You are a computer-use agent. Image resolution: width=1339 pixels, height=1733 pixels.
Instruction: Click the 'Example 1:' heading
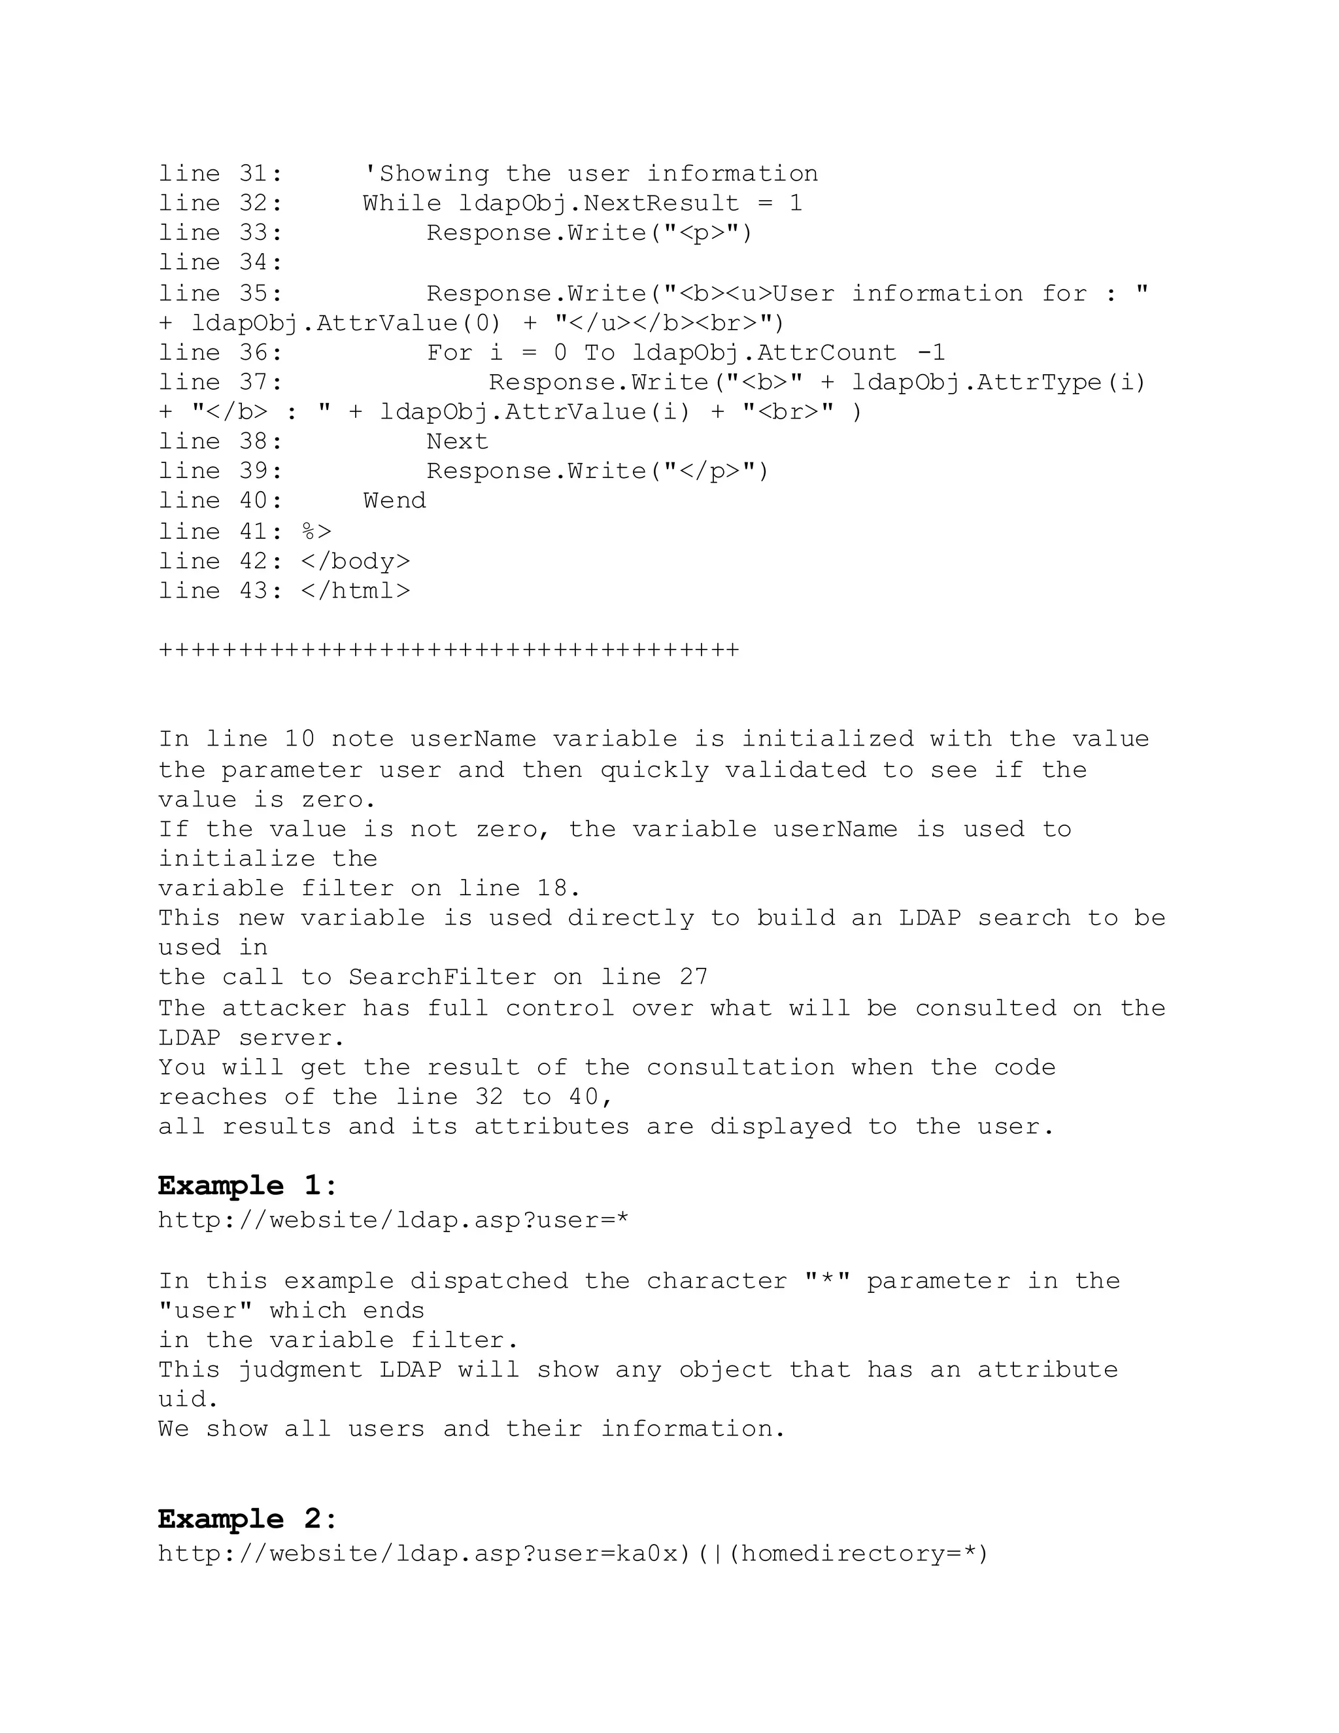point(248,1186)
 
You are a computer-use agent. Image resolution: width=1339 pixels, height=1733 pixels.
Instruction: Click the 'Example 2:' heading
point(248,1519)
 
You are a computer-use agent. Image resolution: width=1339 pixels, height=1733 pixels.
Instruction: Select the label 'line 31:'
point(220,174)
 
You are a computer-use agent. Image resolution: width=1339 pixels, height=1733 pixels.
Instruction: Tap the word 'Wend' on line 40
point(394,501)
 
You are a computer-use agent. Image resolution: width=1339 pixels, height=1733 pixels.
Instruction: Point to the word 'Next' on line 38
point(457,441)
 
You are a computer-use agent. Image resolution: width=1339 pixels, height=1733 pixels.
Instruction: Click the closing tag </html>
point(356,591)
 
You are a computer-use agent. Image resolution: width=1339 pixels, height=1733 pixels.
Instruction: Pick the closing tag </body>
point(356,561)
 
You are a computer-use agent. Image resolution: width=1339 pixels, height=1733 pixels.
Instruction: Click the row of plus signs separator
point(449,651)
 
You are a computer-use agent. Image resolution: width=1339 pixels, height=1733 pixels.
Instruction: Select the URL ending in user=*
point(394,1220)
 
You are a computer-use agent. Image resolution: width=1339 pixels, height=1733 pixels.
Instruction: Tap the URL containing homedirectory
point(573,1553)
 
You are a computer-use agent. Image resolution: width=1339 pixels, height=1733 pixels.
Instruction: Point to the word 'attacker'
point(283,1008)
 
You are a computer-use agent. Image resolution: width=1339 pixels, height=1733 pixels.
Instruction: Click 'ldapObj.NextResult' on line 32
point(599,203)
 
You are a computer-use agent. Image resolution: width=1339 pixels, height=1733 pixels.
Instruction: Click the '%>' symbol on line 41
point(316,531)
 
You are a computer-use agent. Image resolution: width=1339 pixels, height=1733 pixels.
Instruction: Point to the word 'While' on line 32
point(402,203)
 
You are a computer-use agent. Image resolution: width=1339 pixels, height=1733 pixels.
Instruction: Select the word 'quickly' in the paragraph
point(654,770)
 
